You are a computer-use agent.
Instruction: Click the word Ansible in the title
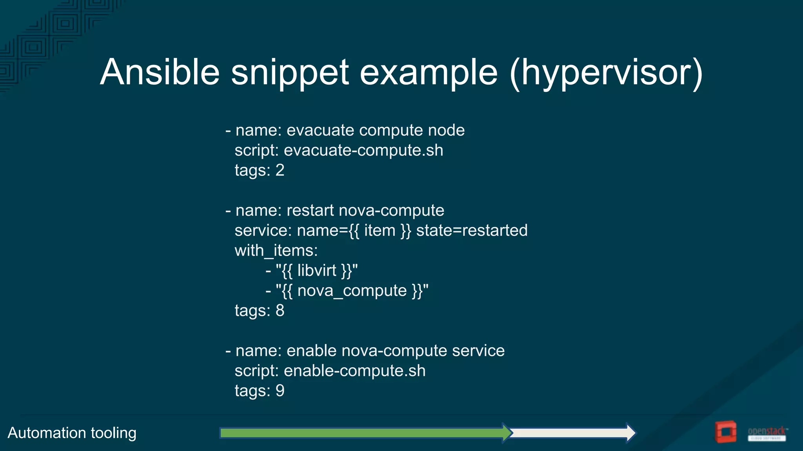160,72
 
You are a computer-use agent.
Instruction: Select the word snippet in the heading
290,73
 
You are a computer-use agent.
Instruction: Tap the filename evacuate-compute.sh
363,150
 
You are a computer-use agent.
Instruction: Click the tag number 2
280,170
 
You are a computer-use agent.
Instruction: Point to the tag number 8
280,310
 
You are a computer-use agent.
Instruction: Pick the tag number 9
280,391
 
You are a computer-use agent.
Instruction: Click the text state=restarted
471,230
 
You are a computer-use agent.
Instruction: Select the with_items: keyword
276,251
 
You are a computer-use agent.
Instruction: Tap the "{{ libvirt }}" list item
316,271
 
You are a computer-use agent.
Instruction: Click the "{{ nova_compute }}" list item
352,291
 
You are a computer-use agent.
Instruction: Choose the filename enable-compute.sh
354,371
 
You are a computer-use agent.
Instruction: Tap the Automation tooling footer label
72,433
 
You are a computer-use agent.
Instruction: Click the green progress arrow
361,433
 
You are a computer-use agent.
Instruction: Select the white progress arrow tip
630,433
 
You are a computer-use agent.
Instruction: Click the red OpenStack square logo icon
725,432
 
